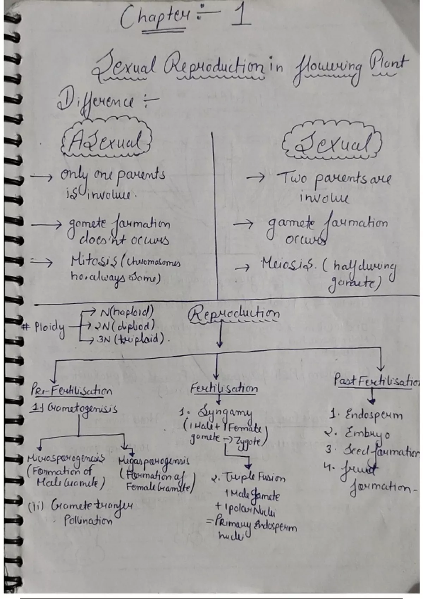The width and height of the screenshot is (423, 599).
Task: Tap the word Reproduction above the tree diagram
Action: (234, 314)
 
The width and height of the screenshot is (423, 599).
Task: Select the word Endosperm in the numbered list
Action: (373, 414)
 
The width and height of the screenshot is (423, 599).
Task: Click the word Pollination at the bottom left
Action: (88, 520)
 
